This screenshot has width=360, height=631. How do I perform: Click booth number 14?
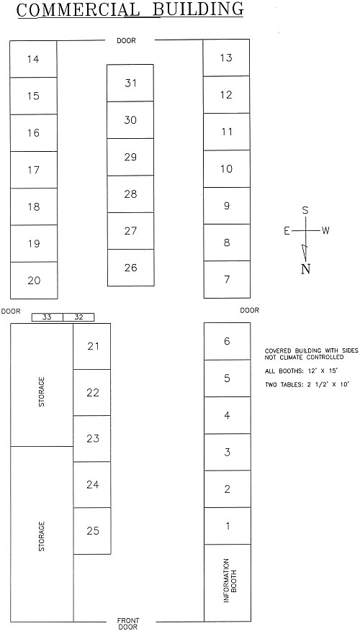click(x=33, y=59)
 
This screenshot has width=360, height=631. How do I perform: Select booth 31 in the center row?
click(x=130, y=83)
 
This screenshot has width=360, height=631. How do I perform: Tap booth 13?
click(x=226, y=58)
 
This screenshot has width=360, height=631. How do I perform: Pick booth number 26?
click(x=131, y=268)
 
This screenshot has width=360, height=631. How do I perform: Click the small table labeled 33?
click(x=47, y=317)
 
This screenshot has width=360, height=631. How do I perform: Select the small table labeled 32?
click(x=78, y=317)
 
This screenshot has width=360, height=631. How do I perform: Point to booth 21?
click(x=92, y=347)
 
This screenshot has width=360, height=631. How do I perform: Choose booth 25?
click(x=92, y=531)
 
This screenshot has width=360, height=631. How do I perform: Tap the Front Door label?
click(x=127, y=624)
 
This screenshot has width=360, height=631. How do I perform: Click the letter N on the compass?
click(x=305, y=269)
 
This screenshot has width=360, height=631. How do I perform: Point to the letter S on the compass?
click(x=305, y=211)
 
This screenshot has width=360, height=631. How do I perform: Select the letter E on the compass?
click(x=287, y=230)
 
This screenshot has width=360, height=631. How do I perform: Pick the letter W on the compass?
click(x=325, y=230)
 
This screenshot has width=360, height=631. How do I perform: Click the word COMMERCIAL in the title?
click(x=79, y=9)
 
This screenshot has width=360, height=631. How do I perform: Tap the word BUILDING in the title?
click(x=199, y=9)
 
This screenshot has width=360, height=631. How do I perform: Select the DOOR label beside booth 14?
click(x=126, y=40)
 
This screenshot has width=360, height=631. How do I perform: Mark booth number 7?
click(x=227, y=279)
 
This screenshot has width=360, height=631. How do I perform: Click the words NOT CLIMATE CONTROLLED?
click(x=304, y=357)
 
